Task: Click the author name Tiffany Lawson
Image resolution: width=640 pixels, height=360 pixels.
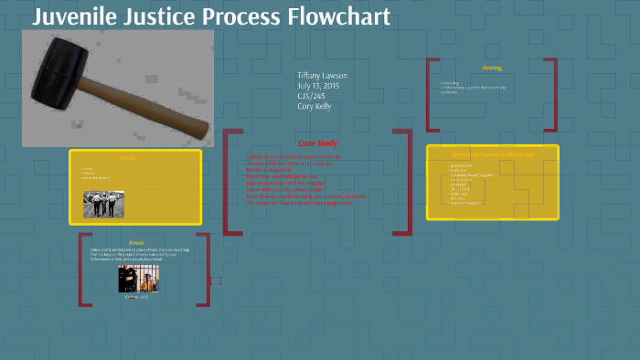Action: (322, 76)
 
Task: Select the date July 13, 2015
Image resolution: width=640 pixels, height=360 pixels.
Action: (318, 86)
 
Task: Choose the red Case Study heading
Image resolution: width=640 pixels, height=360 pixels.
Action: (316, 143)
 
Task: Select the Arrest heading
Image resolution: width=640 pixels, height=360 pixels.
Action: (135, 242)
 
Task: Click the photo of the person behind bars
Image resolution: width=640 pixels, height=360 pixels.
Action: (137, 279)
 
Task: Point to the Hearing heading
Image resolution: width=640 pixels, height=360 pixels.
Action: (492, 68)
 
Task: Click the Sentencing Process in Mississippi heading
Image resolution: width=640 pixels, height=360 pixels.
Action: (492, 154)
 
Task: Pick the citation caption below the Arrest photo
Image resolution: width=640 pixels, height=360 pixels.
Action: (137, 297)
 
